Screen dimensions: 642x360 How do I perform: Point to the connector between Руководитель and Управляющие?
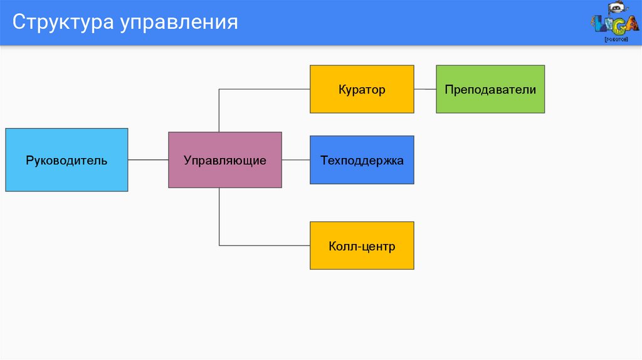click(148, 160)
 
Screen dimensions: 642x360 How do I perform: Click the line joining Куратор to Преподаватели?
click(425, 89)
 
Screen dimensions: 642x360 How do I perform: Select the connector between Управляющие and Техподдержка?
click(296, 160)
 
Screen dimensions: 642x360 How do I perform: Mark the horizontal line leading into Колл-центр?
click(265, 245)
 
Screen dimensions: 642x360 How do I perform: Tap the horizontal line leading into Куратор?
click(265, 89)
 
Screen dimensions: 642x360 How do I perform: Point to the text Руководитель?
click(66, 161)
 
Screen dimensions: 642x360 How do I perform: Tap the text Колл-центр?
click(362, 246)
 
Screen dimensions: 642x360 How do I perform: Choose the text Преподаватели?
click(490, 90)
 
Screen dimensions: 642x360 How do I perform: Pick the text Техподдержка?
click(362, 161)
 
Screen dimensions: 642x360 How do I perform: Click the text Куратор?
click(362, 90)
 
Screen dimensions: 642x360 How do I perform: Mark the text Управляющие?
click(225, 161)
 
